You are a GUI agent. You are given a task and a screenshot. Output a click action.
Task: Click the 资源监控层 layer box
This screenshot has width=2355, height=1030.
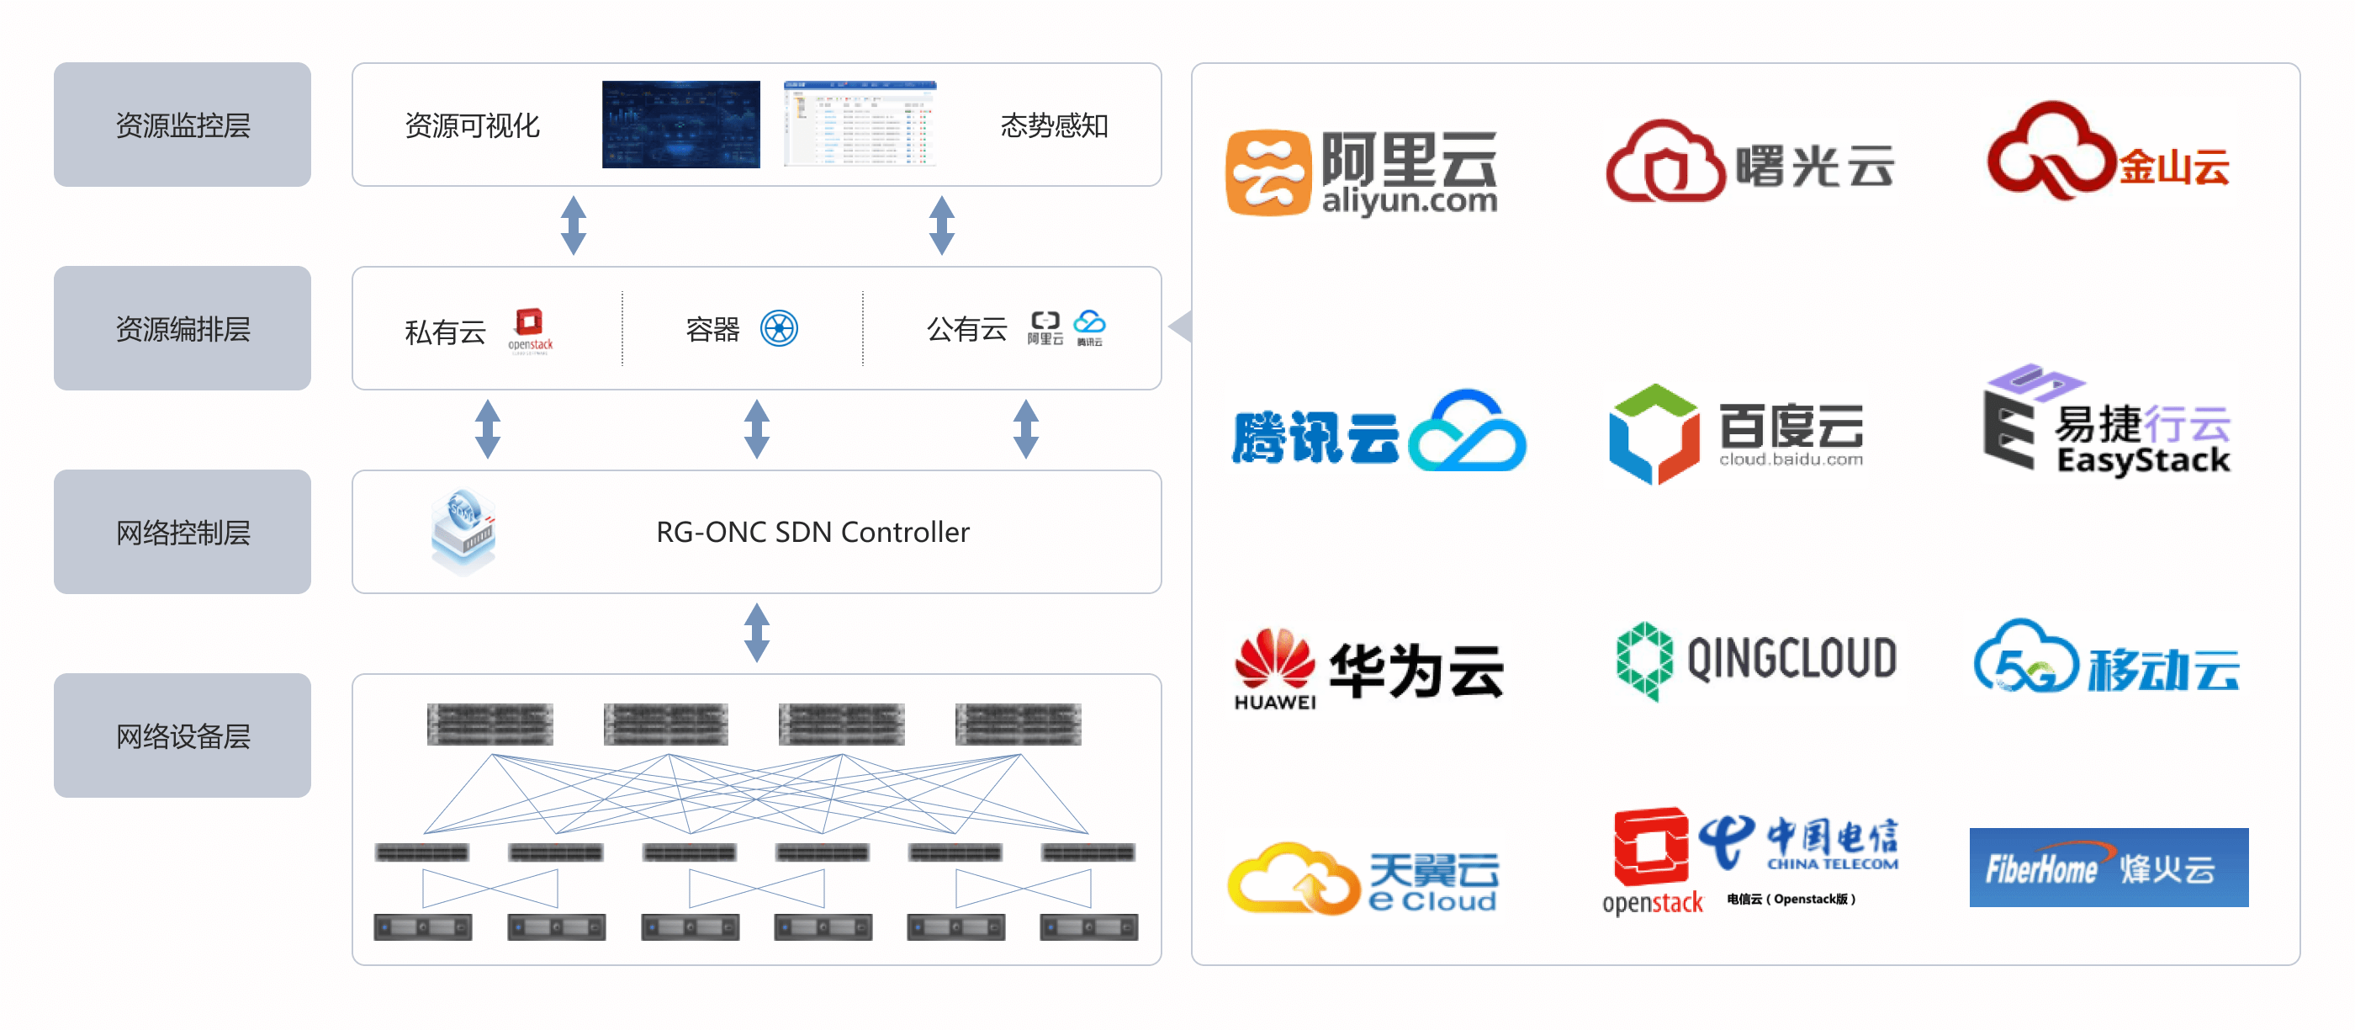182,125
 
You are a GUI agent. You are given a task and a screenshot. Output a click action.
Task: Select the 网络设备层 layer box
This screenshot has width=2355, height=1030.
182,735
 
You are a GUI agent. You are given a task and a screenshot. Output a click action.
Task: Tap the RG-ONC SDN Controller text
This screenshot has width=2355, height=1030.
812,532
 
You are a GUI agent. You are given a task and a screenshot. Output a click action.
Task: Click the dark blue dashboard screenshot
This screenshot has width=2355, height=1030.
680,125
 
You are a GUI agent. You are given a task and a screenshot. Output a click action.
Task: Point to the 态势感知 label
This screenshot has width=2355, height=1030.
1053,125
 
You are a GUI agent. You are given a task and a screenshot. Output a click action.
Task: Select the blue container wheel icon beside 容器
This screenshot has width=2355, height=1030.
779,328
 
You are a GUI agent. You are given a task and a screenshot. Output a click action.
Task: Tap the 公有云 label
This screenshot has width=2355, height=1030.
966,328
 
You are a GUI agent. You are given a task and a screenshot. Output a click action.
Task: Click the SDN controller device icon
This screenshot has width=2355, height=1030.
463,530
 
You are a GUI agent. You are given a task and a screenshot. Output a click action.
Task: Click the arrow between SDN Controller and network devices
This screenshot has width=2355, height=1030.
756,633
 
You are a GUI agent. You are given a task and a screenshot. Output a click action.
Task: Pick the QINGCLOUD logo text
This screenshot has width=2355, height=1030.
1790,659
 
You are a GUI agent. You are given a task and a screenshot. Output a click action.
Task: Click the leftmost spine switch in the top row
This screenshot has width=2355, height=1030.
490,724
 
